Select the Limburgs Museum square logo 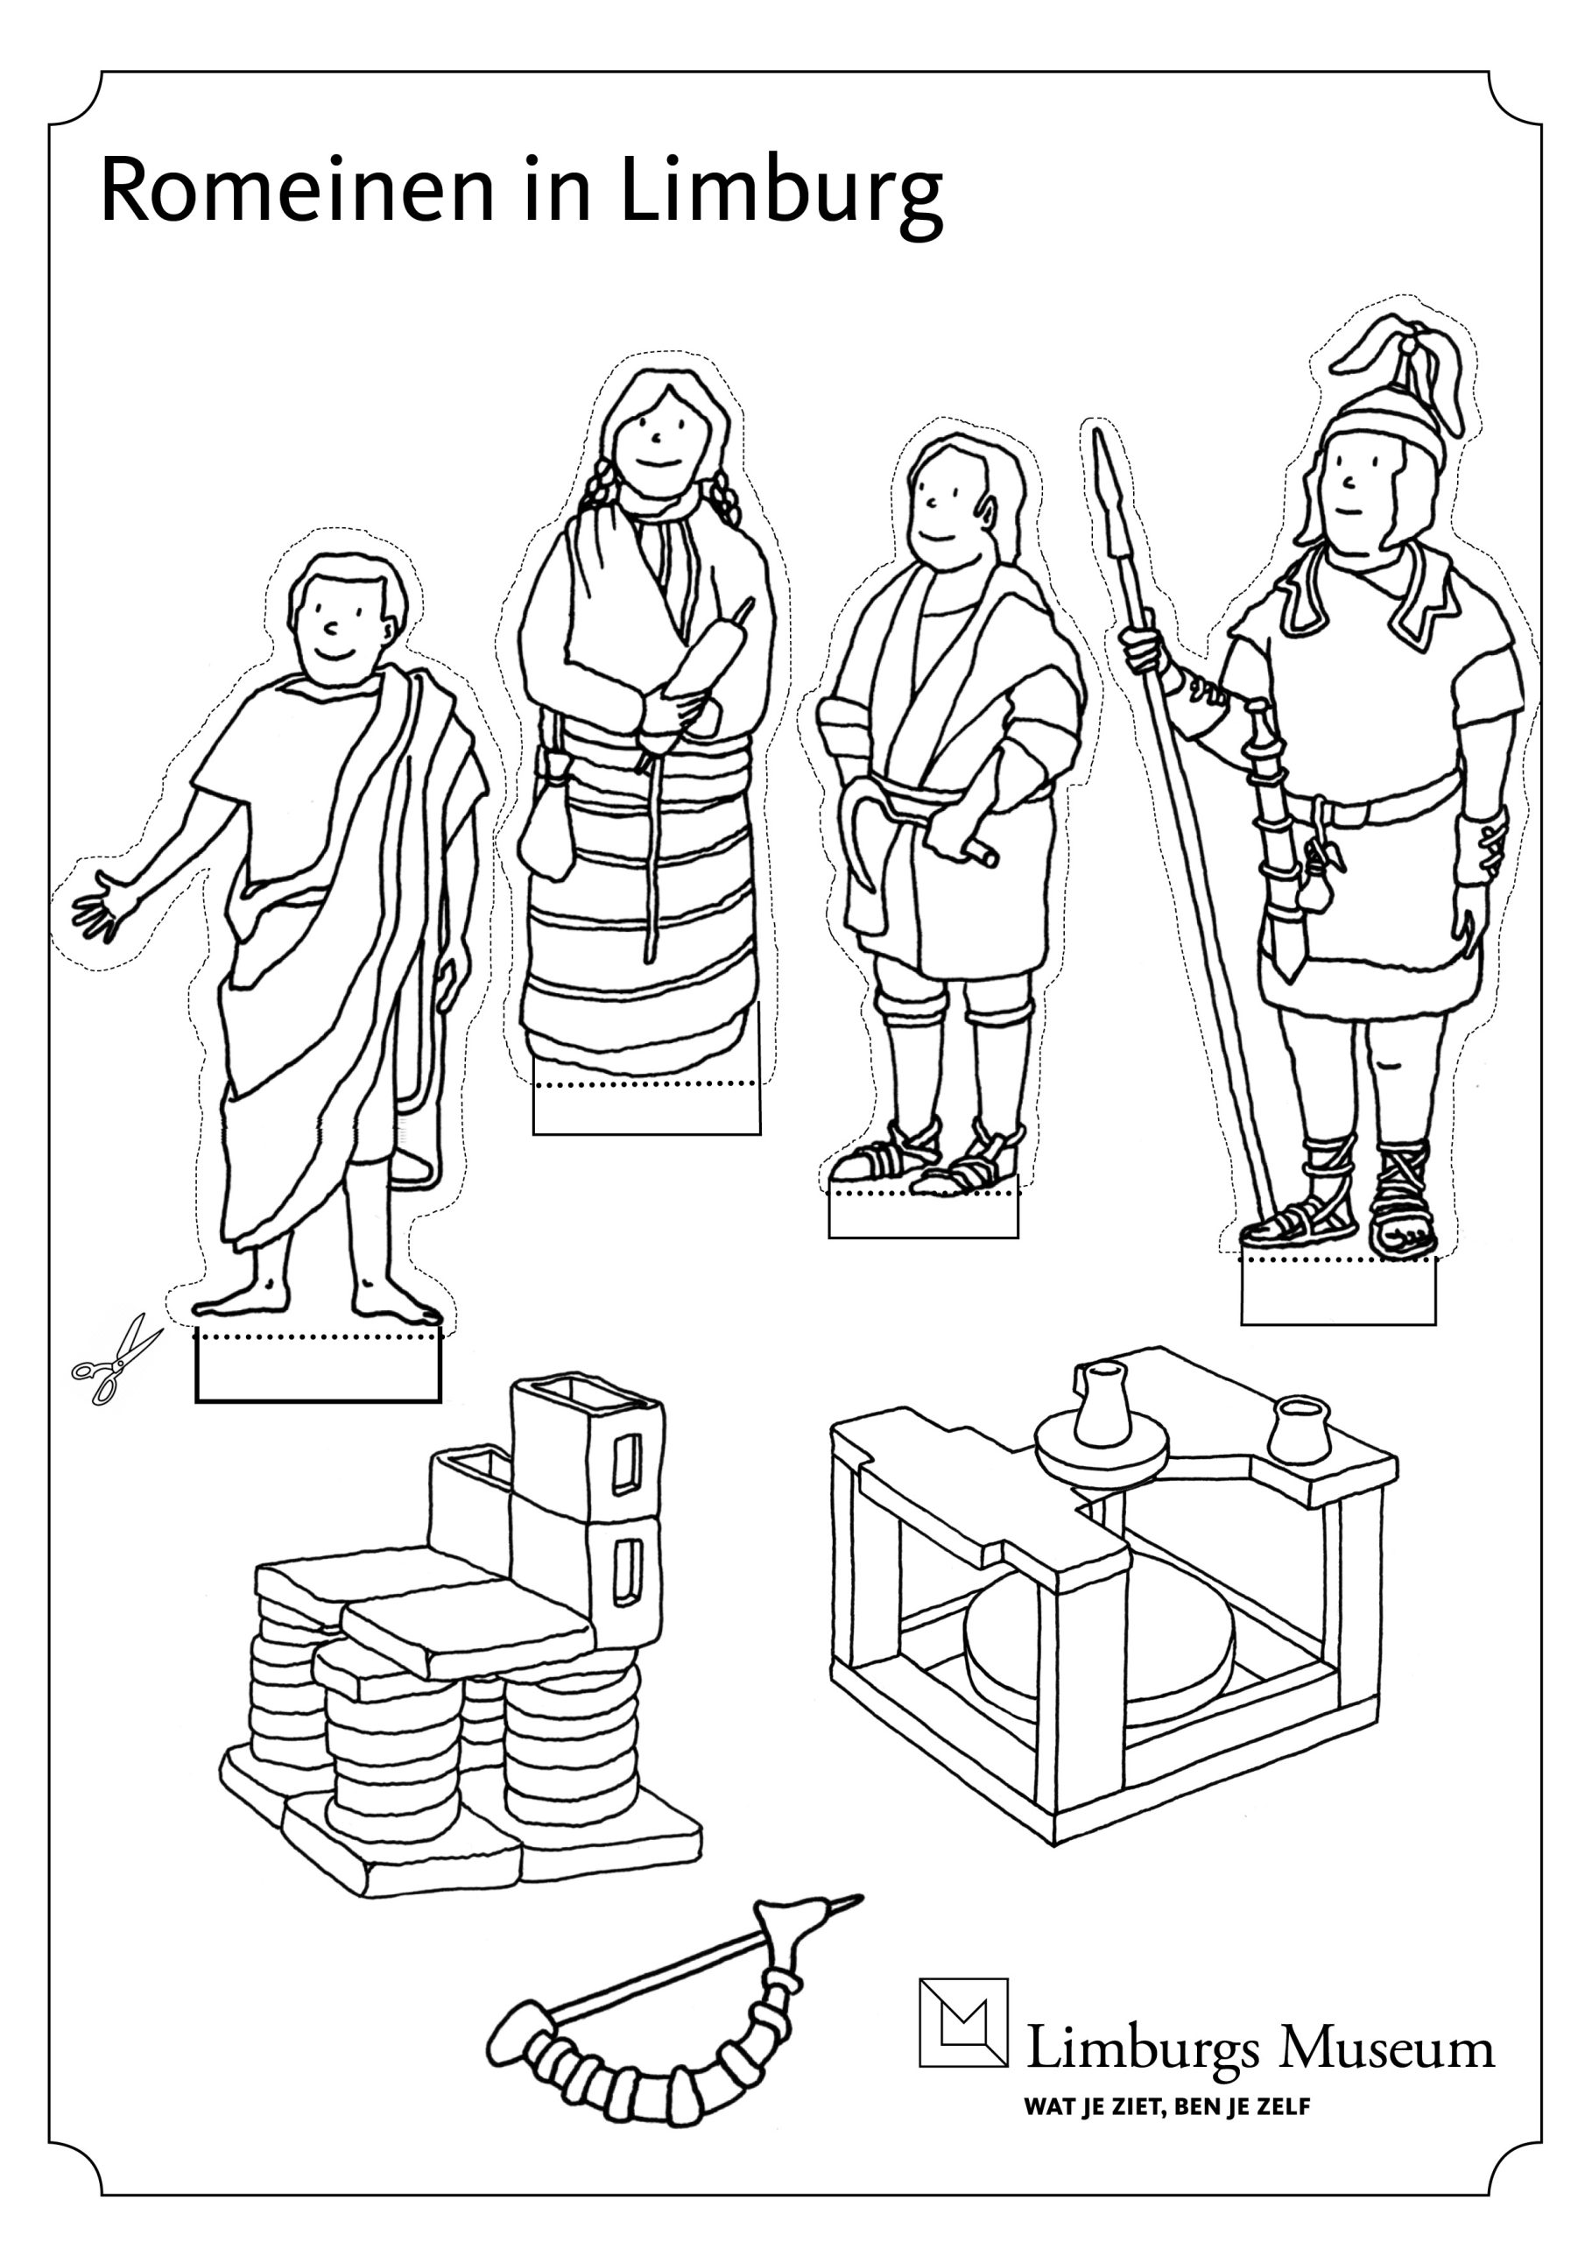click(963, 2022)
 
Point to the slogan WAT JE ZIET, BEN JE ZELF click(1167, 2106)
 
